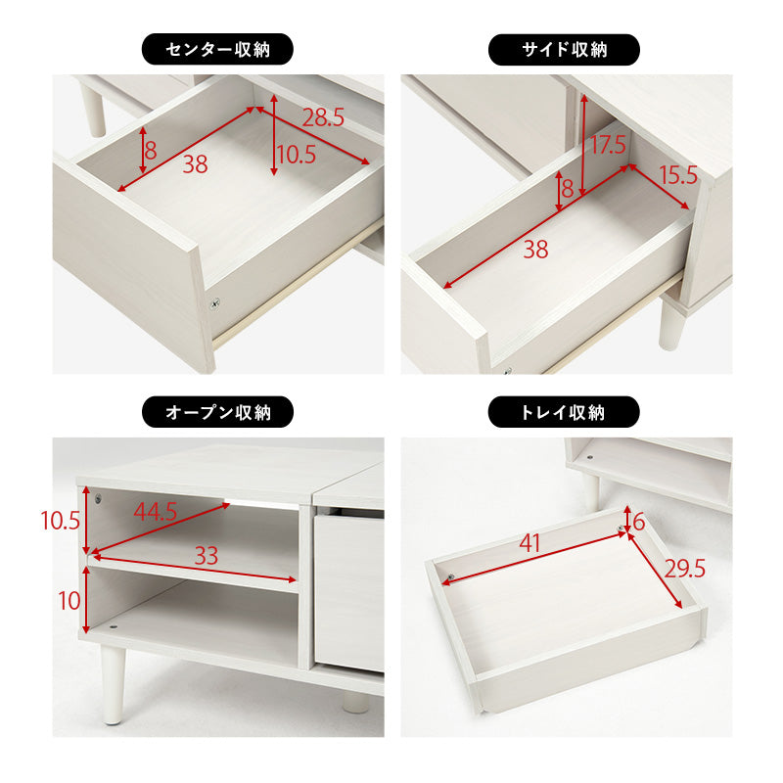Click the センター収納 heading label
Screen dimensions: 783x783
pyautogui.click(x=218, y=49)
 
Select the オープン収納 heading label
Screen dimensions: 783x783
pyautogui.click(x=218, y=411)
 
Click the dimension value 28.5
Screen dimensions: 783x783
pyautogui.click(x=323, y=118)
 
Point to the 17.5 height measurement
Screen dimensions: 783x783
pyautogui.click(x=607, y=145)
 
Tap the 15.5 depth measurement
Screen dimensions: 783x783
pyautogui.click(x=678, y=176)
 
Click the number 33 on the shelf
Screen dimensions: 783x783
pyautogui.click(x=205, y=556)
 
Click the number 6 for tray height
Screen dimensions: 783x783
pyautogui.click(x=639, y=522)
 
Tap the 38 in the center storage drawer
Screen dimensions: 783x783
pyautogui.click(x=195, y=164)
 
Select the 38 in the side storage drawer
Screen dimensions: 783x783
pyautogui.click(x=534, y=250)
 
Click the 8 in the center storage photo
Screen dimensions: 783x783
pyautogui.click(x=151, y=151)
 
